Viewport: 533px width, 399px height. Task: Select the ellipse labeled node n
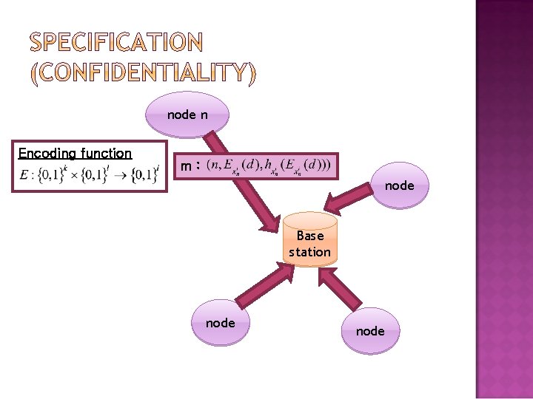pyautogui.click(x=187, y=115)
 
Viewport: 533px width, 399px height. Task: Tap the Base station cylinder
pyautogui.click(x=309, y=240)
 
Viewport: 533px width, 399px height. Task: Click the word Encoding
pyautogui.click(x=47, y=154)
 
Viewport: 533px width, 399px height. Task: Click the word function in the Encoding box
pyautogui.click(x=107, y=154)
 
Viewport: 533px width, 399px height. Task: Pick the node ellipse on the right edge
pyautogui.click(x=399, y=185)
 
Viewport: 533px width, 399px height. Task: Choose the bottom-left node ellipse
pyautogui.click(x=220, y=323)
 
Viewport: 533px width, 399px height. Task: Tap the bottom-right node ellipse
pyautogui.click(x=369, y=331)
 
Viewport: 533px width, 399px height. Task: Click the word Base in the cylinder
pyautogui.click(x=310, y=236)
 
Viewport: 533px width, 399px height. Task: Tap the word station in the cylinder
pyautogui.click(x=310, y=252)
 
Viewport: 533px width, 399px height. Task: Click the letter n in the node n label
pyautogui.click(x=203, y=115)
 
